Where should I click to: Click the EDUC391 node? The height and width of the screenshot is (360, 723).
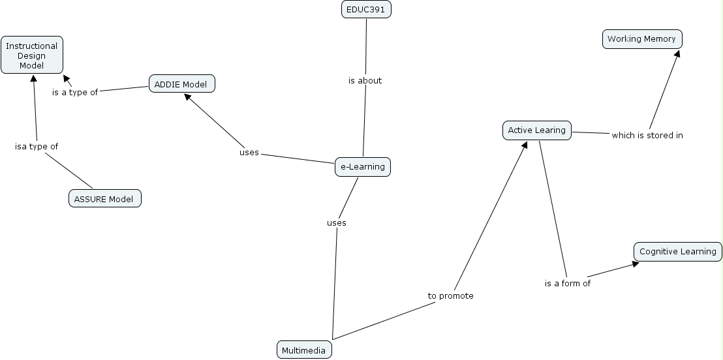(x=366, y=9)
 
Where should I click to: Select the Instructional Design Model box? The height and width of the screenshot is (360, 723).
(x=32, y=55)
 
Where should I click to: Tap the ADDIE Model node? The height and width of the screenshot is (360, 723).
(x=181, y=84)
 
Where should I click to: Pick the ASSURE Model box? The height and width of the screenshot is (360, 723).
(x=104, y=199)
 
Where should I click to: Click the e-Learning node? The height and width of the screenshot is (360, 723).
(x=363, y=167)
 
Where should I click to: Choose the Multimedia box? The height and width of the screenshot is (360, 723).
(x=304, y=350)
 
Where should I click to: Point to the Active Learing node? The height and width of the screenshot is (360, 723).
(x=536, y=130)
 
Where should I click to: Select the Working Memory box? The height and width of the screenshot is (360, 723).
(x=641, y=39)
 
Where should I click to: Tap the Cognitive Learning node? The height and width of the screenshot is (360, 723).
(x=677, y=252)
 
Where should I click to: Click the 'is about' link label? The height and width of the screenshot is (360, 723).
(x=365, y=81)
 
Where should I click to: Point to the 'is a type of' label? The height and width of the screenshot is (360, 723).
(x=75, y=93)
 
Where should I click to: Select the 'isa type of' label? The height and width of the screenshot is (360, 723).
(x=37, y=147)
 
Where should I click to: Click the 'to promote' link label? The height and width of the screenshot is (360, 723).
(x=450, y=296)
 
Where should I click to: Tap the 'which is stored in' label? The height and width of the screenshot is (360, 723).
(x=647, y=136)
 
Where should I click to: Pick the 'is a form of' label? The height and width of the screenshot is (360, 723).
(x=567, y=284)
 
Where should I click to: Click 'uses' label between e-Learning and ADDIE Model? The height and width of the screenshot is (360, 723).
(x=249, y=153)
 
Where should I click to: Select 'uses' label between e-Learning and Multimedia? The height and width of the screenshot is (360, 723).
(x=336, y=223)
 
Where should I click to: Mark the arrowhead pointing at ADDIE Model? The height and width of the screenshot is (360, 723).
(x=187, y=97)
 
